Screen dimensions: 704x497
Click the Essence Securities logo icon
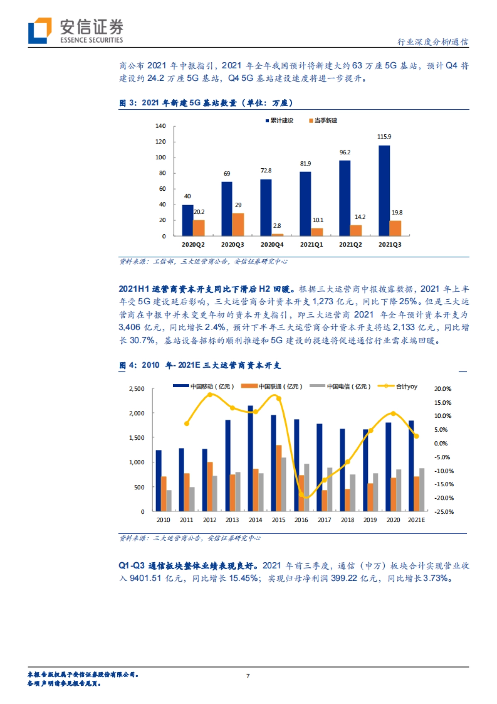click(x=40, y=30)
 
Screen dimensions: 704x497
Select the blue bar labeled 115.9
click(x=384, y=190)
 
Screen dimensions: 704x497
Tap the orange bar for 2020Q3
click(x=238, y=224)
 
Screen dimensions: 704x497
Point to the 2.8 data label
click(x=277, y=226)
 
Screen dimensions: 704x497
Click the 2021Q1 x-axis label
click(x=311, y=245)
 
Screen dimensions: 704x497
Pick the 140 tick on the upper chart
click(x=160, y=126)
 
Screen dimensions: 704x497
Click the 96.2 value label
click(x=345, y=152)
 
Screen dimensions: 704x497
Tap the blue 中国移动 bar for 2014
click(x=250, y=458)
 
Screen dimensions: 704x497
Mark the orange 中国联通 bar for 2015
click(x=279, y=478)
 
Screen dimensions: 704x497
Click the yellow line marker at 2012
click(x=210, y=395)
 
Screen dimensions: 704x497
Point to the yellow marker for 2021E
click(x=416, y=436)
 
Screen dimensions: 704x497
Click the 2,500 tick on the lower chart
click(x=137, y=389)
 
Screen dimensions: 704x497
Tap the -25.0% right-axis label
click(x=444, y=512)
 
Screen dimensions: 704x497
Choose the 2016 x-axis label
click(x=301, y=520)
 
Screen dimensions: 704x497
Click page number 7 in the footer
click(x=248, y=676)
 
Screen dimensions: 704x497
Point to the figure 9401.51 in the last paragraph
click(x=145, y=578)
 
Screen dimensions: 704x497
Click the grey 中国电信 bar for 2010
click(x=169, y=500)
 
